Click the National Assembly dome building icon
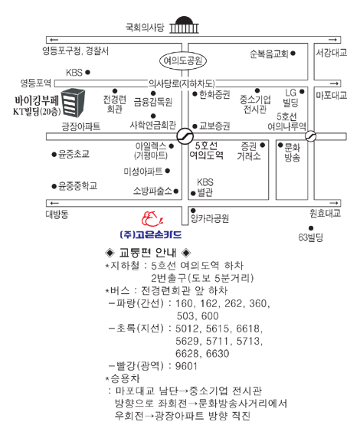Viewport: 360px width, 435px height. (184, 25)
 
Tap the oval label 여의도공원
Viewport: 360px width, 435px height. (183, 61)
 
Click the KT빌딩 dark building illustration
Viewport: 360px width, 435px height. (73, 103)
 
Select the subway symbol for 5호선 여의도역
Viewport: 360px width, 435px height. (185, 136)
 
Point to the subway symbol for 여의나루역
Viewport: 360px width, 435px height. (310, 136)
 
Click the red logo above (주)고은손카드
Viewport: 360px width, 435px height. (152, 219)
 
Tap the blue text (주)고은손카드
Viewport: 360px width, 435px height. (151, 234)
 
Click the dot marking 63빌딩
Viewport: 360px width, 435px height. (311, 228)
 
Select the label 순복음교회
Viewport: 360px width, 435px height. (269, 54)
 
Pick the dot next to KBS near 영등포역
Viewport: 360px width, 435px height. (88, 73)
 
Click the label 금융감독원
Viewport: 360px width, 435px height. (153, 102)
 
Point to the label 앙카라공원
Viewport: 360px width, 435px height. (210, 218)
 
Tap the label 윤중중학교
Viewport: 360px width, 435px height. (77, 186)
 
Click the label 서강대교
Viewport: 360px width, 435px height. (332, 52)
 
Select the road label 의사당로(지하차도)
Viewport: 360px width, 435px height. (182, 83)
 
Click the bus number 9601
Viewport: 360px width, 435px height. (186, 366)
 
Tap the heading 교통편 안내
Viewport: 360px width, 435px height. (147, 253)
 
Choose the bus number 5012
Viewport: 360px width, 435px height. (187, 329)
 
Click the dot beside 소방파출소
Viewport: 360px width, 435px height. (175, 191)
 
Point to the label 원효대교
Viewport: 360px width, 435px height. (325, 213)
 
